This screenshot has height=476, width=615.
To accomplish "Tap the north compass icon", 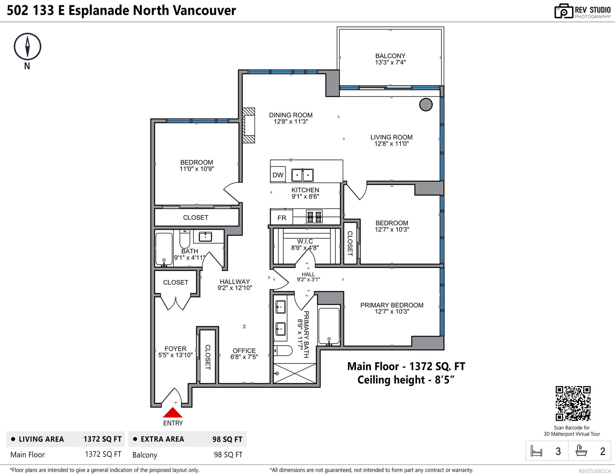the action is (x=27, y=46).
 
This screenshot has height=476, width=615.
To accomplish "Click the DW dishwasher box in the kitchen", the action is (x=278, y=175).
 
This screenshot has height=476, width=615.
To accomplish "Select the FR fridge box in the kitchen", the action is (x=282, y=217).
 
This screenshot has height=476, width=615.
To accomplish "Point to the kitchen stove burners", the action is (x=314, y=217).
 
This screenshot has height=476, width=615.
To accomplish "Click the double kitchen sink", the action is (x=302, y=175).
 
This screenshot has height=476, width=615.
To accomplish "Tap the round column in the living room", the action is (x=426, y=104).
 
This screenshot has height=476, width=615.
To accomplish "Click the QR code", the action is (x=573, y=403).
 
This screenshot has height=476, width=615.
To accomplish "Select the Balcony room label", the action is (x=390, y=56).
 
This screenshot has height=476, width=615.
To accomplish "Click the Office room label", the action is (x=244, y=351).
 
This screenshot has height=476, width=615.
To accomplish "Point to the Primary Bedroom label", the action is (x=392, y=305).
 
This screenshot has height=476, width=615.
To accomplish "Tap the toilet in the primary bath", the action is (x=283, y=350).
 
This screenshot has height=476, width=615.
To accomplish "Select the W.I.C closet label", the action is (x=305, y=241).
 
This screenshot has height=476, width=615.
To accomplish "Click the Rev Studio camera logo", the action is (x=563, y=11).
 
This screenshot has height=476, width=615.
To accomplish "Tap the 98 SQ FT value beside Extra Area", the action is (x=227, y=439).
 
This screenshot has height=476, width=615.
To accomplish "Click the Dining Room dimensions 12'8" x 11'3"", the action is (x=291, y=122).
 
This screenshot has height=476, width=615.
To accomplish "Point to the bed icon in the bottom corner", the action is (x=536, y=451).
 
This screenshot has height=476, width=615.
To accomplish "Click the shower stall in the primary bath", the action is (x=294, y=373).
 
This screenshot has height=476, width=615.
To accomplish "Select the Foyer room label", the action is (x=176, y=349).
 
